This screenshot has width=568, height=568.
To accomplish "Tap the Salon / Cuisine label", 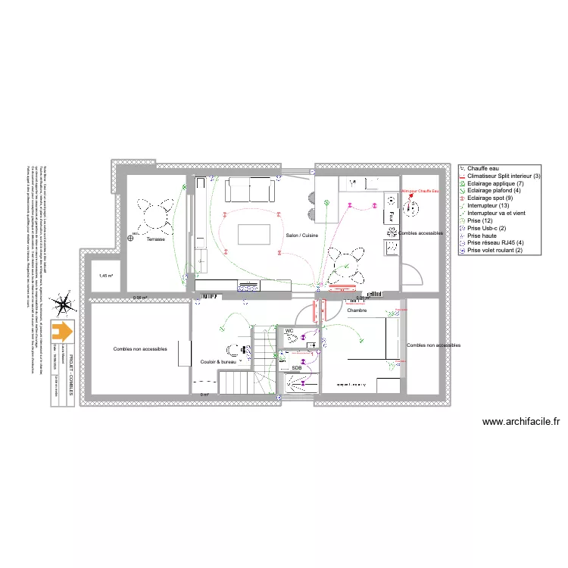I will click(302, 236).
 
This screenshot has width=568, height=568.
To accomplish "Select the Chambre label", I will click(357, 311).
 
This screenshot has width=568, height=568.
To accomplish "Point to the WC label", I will click(289, 332).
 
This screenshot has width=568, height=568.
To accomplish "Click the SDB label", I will click(297, 368).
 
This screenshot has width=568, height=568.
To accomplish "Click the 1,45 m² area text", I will click(105, 276).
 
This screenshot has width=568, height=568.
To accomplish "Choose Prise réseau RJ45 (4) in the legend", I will click(495, 243).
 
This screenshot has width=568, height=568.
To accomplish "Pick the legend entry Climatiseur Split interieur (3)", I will click(504, 176).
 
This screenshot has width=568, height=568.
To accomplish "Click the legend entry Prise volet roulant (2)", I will click(496, 251).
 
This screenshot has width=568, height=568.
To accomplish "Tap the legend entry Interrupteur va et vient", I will click(500, 214).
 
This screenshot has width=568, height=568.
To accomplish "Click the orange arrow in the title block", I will click(62, 331).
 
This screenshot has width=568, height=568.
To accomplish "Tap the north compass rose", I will click(64, 305).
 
